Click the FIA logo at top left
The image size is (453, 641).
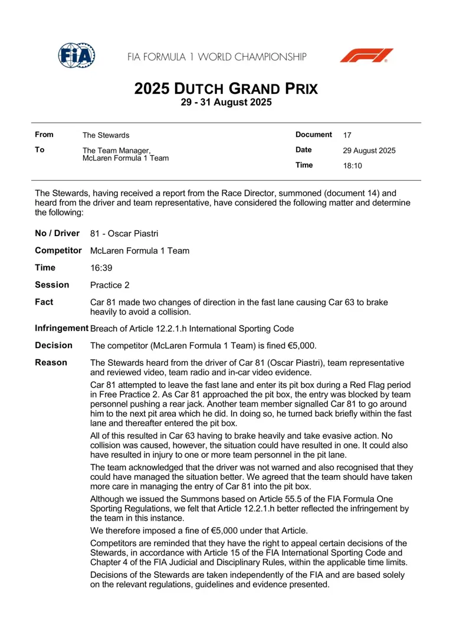[76, 55]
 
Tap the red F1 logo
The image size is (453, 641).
[366, 56]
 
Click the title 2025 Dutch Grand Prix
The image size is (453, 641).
[226, 89]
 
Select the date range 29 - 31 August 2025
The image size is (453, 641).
[226, 102]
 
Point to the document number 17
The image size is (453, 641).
[347, 135]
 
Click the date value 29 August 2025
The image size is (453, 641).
[369, 151]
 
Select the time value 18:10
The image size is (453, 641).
[353, 166]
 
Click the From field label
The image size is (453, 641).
[44, 135]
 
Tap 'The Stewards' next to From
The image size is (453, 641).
[106, 136]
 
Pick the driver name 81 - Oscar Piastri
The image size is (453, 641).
[124, 234]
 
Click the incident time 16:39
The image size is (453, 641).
[101, 268]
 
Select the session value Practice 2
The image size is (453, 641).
[110, 285]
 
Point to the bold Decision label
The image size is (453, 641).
[54, 345]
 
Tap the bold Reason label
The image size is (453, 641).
[51, 362]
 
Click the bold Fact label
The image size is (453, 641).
[44, 302]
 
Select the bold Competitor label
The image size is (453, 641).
[58, 251]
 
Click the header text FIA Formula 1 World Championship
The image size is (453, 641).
[217, 57]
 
